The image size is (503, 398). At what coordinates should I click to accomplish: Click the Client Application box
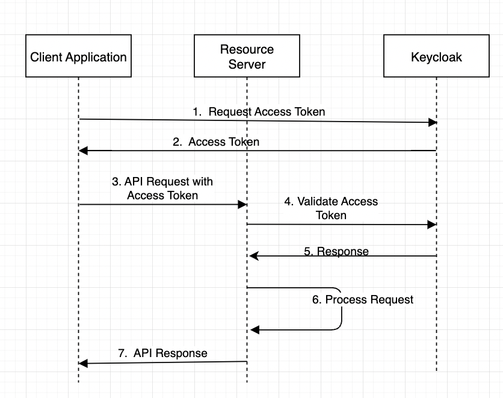tap(78, 58)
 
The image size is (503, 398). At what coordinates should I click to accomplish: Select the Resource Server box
tap(247, 57)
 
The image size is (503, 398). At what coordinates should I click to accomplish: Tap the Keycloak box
tap(436, 58)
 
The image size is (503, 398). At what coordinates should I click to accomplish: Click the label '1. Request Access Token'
tap(259, 111)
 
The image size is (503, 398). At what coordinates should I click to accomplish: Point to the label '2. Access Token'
tap(216, 142)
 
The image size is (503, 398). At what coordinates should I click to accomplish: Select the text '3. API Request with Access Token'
tap(162, 188)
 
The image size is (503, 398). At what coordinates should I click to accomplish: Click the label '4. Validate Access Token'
tap(331, 208)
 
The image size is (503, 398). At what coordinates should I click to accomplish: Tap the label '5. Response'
tap(336, 251)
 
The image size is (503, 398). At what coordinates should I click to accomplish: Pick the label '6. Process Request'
tap(363, 299)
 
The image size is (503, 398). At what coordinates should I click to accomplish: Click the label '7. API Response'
tap(162, 353)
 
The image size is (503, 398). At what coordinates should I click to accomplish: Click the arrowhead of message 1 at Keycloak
tap(433, 122)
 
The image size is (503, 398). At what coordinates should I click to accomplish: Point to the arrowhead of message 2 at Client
tap(83, 151)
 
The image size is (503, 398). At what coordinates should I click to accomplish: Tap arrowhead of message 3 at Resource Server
tap(243, 205)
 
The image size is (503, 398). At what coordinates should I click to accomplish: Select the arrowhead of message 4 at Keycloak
tap(432, 225)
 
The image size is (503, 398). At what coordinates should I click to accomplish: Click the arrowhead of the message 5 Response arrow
tap(254, 257)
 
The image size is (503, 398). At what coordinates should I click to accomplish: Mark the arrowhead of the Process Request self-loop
tap(255, 329)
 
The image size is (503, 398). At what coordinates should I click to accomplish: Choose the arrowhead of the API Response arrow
tap(83, 363)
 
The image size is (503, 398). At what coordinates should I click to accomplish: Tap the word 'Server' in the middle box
tap(247, 64)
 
